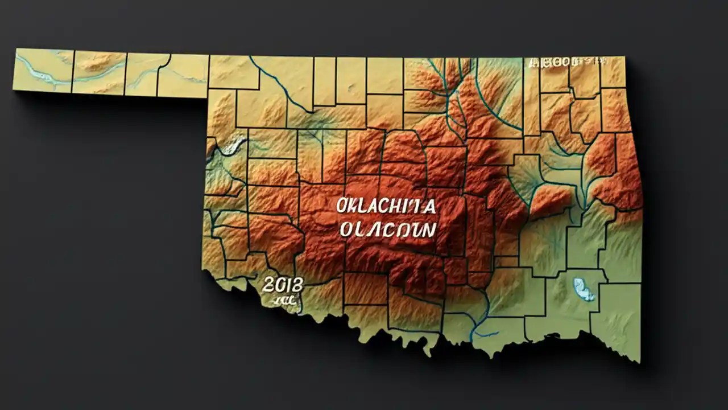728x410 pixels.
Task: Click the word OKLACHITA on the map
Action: coord(386,206)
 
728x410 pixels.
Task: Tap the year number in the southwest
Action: coord(283,285)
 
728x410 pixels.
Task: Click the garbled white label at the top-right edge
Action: coord(567,62)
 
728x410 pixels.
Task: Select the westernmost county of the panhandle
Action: coord(43,70)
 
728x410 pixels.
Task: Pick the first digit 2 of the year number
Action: coord(268,285)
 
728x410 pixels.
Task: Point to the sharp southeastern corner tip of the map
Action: coord(638,361)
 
